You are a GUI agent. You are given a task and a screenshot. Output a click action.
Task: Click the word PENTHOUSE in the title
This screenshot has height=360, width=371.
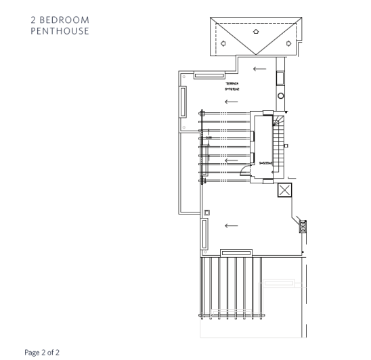pos(60,30)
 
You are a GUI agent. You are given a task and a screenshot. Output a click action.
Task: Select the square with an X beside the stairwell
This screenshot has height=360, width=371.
pos(285,191)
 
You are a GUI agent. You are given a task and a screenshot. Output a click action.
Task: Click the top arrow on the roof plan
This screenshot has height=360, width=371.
pos(255,30)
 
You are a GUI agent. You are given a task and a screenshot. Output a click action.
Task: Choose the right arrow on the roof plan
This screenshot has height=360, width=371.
pos(288,43)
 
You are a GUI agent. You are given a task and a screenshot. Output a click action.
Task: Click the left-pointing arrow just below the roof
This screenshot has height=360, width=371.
pos(259,68)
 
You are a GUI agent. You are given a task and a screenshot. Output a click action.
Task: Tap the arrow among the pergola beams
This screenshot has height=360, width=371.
pos(231,161)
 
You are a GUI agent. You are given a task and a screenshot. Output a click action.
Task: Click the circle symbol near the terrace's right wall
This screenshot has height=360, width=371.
pos(281,96)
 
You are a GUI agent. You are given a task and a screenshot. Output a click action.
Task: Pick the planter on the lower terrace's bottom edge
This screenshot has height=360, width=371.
pos(237,252)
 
